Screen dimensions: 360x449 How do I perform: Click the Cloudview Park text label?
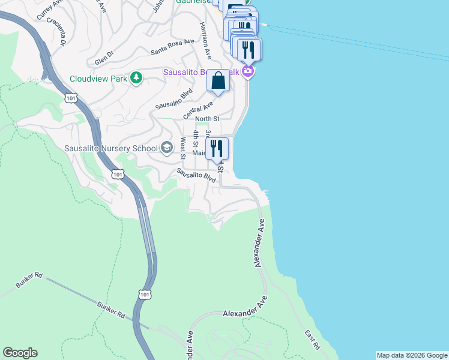[x=99, y=79]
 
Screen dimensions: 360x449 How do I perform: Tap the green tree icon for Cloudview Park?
[x=137, y=78]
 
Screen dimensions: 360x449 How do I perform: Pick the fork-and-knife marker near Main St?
[x=217, y=148]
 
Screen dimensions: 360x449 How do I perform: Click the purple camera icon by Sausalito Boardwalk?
[x=248, y=72]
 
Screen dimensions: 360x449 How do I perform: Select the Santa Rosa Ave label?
[x=173, y=46]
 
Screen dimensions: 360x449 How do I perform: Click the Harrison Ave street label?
[x=206, y=40]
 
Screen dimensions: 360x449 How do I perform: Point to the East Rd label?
[x=312, y=340]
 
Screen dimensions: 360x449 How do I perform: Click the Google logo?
[x=20, y=353]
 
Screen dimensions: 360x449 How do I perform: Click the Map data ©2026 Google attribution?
[x=412, y=355]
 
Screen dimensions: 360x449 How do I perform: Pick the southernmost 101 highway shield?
[x=144, y=294]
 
